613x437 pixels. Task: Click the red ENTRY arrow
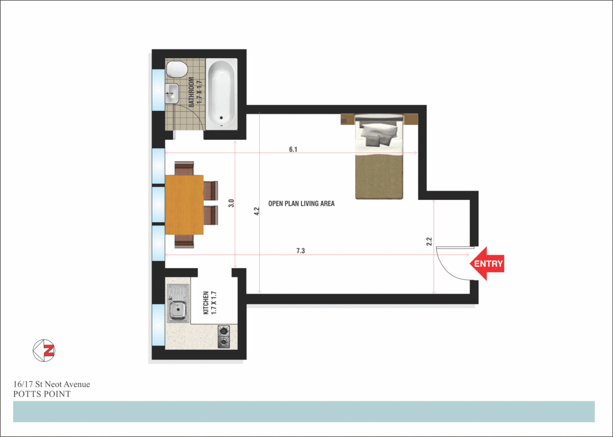click(x=487, y=264)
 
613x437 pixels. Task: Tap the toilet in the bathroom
click(x=177, y=70)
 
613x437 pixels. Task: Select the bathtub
click(x=221, y=94)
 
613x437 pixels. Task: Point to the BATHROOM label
click(x=191, y=92)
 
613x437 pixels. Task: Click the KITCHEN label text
click(x=206, y=303)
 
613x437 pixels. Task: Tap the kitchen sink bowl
click(x=178, y=310)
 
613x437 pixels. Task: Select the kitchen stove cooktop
click(x=223, y=337)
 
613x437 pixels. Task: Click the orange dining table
click(x=184, y=204)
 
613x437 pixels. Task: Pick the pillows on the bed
click(x=379, y=134)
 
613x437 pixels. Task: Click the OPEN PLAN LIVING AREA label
click(x=301, y=204)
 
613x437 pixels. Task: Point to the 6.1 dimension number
click(x=293, y=149)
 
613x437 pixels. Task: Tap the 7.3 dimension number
click(x=300, y=251)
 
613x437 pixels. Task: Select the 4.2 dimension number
click(x=257, y=211)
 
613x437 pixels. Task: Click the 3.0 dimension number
click(x=231, y=203)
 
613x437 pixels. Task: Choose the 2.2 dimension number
click(x=429, y=242)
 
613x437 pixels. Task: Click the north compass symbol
click(x=44, y=350)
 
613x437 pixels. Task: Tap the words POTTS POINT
click(x=42, y=394)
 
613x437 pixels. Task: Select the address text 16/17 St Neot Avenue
click(x=52, y=384)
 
